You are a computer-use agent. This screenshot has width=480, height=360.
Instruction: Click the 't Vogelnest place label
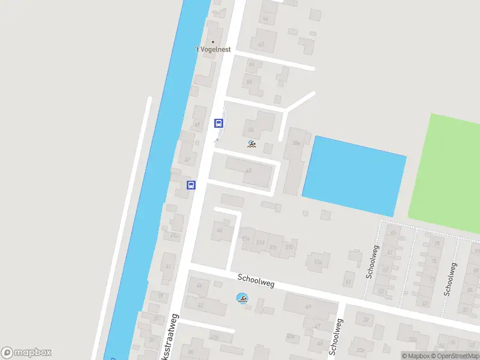[x=213, y=50]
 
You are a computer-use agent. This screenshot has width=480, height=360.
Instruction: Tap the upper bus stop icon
[x=218, y=124]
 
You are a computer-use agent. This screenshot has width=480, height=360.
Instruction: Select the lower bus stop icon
[x=191, y=185]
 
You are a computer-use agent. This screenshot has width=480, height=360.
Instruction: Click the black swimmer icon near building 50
[x=251, y=145]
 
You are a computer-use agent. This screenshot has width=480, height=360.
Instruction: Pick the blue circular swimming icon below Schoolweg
[x=242, y=298]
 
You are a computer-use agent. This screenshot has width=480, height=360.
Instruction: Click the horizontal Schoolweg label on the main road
[x=256, y=280]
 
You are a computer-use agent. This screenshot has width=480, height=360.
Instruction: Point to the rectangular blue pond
[x=353, y=176]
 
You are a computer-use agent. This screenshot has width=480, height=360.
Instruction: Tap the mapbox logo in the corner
[x=27, y=353]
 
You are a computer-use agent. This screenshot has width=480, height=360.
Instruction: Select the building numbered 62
[x=261, y=44]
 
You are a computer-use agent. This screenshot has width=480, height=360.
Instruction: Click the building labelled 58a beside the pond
[x=296, y=143]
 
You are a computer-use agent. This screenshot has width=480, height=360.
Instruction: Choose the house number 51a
[x=318, y=262]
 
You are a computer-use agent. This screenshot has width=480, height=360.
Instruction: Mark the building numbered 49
[x=308, y=307]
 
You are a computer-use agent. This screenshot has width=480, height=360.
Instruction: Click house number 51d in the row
[x=260, y=242]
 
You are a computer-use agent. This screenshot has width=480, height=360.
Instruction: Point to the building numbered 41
[x=168, y=266]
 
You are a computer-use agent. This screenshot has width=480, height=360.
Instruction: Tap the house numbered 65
[x=394, y=232]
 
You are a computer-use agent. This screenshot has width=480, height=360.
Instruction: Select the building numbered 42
[x=200, y=305]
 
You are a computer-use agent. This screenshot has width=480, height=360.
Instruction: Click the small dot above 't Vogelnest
[x=212, y=42]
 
